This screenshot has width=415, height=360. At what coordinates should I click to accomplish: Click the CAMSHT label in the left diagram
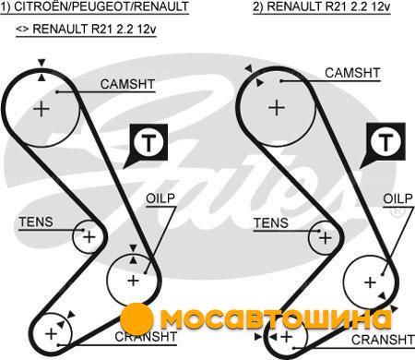(127, 84)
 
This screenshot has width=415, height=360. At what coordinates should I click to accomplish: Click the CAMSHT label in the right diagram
(352, 73)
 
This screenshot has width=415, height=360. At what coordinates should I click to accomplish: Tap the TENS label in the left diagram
(36, 222)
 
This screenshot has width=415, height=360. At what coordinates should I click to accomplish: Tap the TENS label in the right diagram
(271, 223)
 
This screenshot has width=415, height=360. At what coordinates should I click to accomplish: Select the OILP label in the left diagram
(160, 198)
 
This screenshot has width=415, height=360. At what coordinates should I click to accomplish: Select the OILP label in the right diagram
(397, 198)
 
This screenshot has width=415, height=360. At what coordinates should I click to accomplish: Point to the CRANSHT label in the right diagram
(383, 340)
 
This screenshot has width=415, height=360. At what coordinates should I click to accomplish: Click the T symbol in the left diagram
(148, 143)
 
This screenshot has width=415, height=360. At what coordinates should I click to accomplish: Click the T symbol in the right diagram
(386, 142)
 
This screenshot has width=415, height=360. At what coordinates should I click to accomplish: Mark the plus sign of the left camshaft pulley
(41, 109)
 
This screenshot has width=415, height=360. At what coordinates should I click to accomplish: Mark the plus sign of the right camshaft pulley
(277, 108)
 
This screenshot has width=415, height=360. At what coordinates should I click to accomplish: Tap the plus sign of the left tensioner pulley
(89, 237)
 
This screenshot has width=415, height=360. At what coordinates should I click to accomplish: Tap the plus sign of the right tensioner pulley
(326, 238)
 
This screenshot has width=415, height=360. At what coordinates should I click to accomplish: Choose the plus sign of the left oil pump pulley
(133, 281)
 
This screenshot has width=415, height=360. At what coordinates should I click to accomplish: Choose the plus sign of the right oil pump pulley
(370, 282)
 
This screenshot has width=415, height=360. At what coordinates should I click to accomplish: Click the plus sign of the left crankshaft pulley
(51, 333)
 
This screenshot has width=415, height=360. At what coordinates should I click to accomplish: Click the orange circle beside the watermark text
(136, 319)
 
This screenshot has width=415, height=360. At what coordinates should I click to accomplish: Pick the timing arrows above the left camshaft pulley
(41, 70)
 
